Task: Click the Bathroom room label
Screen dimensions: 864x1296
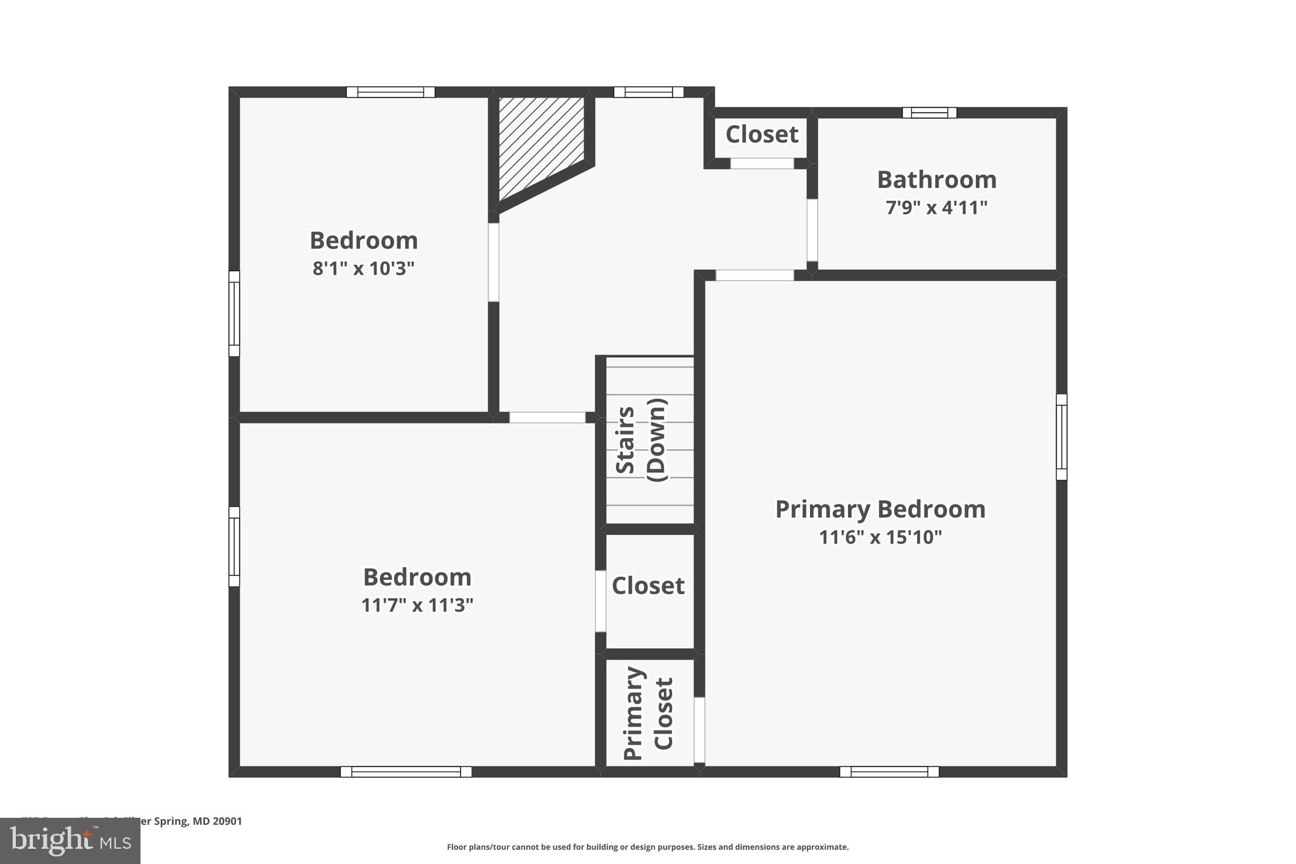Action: click(x=937, y=180)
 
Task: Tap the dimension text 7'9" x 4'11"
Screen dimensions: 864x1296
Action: click(x=937, y=208)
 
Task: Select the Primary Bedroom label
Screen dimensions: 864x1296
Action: click(x=880, y=509)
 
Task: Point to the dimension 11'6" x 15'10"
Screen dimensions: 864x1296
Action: click(x=880, y=537)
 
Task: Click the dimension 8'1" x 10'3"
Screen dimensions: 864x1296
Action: click(x=363, y=268)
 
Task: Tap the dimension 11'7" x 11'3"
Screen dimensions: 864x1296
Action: click(x=417, y=606)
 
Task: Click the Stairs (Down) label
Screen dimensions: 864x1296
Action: click(x=641, y=441)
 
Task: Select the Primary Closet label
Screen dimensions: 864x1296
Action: click(x=649, y=713)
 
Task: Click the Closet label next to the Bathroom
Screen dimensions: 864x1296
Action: click(x=761, y=134)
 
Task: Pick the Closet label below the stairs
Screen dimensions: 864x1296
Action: click(x=648, y=585)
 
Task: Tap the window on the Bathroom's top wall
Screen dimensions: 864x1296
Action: click(x=929, y=113)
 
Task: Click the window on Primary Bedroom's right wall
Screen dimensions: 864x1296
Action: click(x=1061, y=437)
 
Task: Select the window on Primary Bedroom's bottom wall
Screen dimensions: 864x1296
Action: click(x=889, y=772)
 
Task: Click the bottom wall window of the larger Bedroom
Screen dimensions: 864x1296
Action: click(x=406, y=772)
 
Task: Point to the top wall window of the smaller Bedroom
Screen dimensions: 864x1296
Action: click(x=390, y=92)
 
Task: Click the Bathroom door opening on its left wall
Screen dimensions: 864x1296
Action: click(x=812, y=230)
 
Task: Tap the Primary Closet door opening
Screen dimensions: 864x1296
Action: click(x=699, y=730)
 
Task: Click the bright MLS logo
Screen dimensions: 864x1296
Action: click(x=70, y=841)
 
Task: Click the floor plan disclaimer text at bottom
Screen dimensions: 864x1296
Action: click(x=647, y=847)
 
